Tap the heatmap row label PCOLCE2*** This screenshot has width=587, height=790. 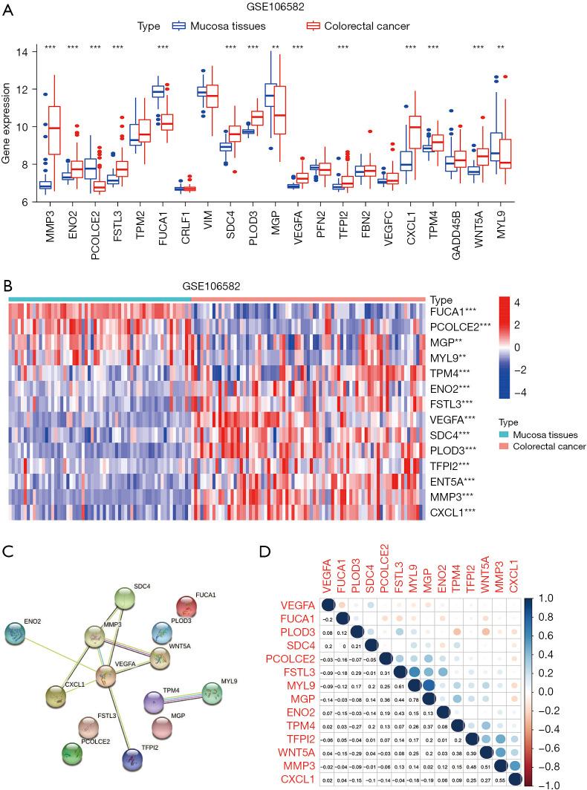point(461,325)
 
